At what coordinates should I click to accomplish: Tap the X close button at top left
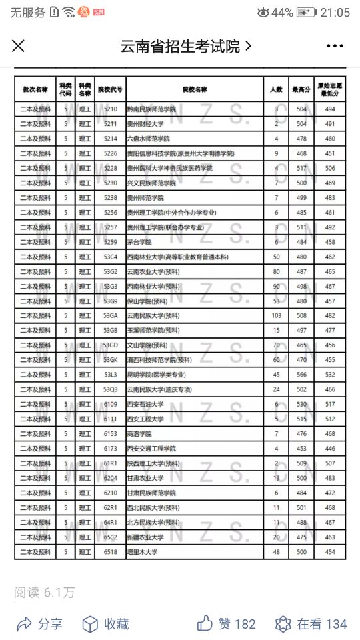(x=19, y=45)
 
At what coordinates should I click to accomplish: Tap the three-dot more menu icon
(x=334, y=46)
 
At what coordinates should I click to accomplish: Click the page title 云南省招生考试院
(x=180, y=46)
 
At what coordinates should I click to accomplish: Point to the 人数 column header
(x=276, y=89)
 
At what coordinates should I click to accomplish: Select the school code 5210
(x=110, y=109)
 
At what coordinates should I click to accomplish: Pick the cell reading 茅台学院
(x=139, y=242)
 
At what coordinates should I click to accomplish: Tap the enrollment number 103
(x=276, y=316)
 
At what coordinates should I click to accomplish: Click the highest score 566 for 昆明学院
(x=301, y=375)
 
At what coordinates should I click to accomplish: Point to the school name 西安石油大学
(x=145, y=405)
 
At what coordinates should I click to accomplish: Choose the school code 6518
(x=110, y=552)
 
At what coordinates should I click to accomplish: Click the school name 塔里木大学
(x=142, y=552)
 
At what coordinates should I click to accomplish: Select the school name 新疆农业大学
(x=145, y=537)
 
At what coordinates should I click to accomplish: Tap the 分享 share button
(x=40, y=624)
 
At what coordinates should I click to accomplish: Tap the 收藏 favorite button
(x=105, y=624)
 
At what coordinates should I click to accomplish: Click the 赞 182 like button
(x=227, y=624)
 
